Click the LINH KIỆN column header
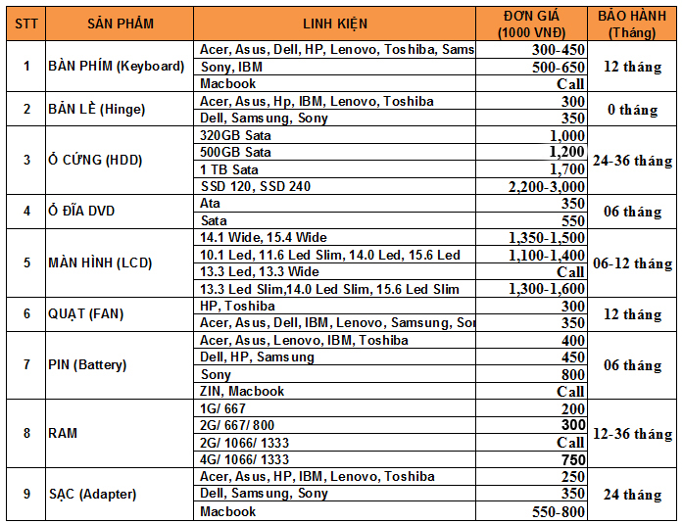[335, 24]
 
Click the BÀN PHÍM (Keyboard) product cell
[116, 66]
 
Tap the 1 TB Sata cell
[228, 169]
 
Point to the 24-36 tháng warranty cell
[632, 160]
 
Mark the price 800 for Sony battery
[572, 374]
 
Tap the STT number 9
[25, 494]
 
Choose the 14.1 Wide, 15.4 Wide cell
[263, 237]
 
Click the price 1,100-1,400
[547, 255]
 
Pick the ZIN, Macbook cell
[241, 391]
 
